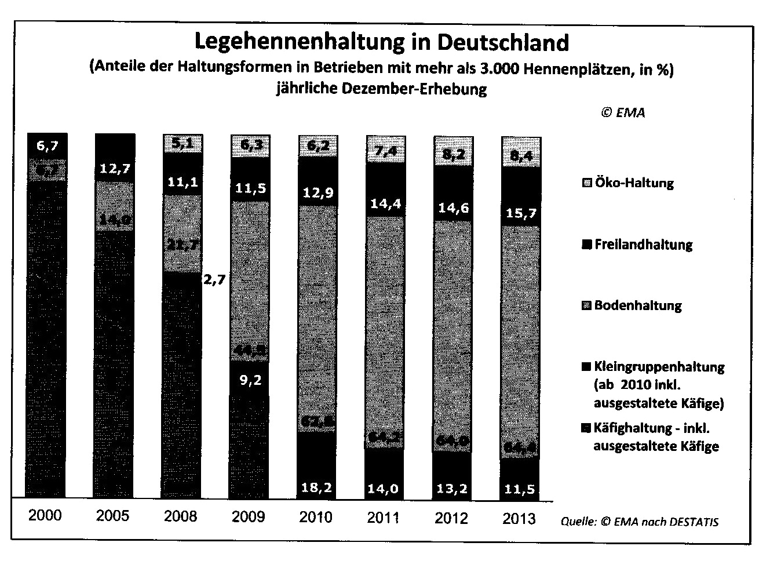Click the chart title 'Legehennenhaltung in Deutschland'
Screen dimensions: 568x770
coord(381,42)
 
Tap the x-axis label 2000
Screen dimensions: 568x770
coord(45,515)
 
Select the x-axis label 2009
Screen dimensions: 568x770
coord(249,516)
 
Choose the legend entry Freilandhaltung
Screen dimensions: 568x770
coord(637,244)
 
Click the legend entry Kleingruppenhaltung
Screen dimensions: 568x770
coord(653,367)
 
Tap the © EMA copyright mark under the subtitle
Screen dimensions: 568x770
coord(622,112)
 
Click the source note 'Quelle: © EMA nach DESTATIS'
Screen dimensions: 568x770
coord(640,522)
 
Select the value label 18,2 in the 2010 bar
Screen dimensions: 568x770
coord(316,489)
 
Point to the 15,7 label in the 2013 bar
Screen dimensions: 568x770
coord(520,213)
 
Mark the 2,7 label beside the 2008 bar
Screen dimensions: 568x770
coord(216,279)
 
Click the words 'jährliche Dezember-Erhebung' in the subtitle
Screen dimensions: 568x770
coord(381,90)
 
